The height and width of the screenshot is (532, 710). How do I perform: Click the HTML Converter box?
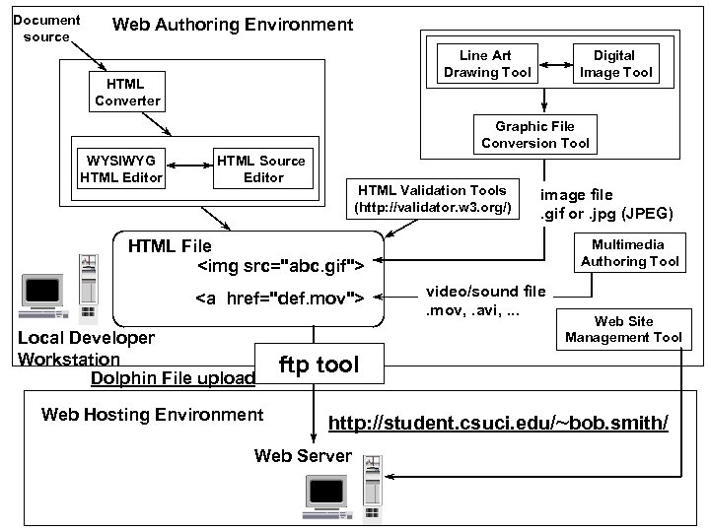click(127, 92)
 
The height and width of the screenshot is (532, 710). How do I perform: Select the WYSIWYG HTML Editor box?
click(120, 169)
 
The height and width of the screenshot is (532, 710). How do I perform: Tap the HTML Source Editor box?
click(262, 169)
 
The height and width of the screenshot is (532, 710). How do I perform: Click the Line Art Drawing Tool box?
click(487, 64)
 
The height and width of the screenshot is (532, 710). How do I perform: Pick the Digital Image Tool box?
click(616, 64)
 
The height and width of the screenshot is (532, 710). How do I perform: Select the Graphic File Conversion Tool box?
click(535, 135)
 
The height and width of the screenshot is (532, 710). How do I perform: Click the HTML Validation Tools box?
click(432, 199)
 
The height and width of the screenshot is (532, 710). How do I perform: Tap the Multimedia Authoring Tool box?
click(630, 253)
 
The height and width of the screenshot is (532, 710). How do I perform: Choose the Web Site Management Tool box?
click(623, 329)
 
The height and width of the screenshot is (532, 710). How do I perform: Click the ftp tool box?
click(318, 366)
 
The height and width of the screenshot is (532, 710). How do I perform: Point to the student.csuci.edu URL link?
click(498, 424)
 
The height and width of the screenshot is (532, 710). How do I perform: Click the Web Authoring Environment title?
click(233, 24)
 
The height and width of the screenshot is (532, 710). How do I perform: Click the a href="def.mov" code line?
click(280, 299)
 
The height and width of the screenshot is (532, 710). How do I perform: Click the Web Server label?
click(303, 455)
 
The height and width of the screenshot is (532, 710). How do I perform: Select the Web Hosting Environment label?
click(153, 415)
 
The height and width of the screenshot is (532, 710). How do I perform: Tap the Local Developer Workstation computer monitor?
click(43, 293)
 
